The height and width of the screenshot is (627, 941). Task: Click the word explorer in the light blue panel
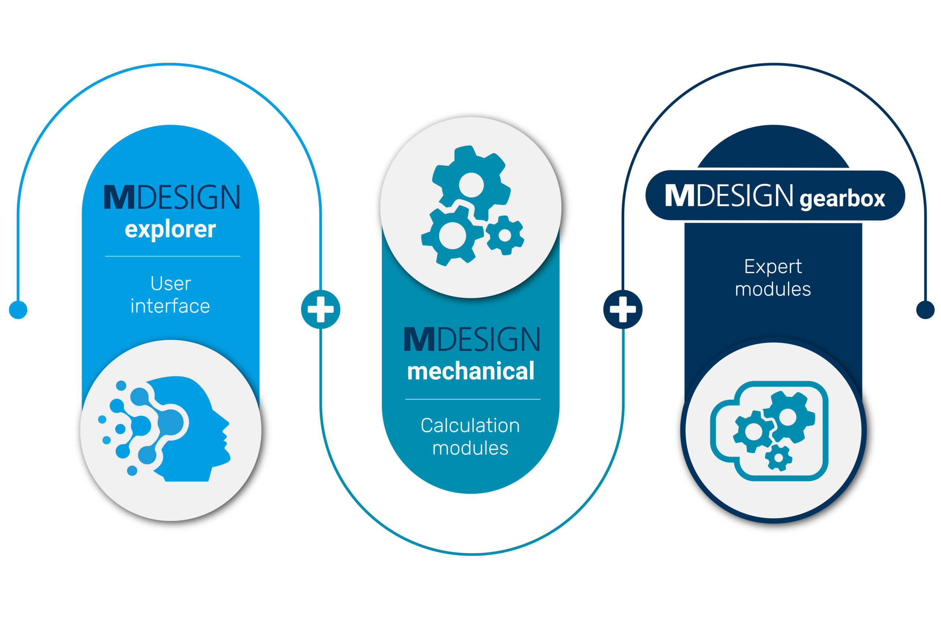[171, 230]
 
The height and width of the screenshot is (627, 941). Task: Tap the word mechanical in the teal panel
[470, 370]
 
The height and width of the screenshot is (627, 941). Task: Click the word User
[171, 284]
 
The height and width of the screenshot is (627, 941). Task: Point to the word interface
[170, 306]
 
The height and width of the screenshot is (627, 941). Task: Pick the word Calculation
[470, 425]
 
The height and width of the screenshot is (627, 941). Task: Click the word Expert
[773, 267]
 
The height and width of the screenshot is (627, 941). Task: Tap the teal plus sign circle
[321, 309]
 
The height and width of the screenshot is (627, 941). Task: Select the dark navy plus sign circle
[623, 309]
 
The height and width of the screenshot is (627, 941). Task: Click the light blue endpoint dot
[18, 310]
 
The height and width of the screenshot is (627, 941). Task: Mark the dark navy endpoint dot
[926, 310]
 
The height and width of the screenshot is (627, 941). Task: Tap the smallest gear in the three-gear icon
[505, 235]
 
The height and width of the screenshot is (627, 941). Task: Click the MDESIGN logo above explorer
[172, 197]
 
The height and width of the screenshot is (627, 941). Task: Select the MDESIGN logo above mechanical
[472, 339]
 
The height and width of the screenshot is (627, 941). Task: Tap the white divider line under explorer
[172, 256]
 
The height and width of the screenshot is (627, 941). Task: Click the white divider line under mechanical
[472, 399]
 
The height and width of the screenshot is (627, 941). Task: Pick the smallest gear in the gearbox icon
[779, 457]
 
